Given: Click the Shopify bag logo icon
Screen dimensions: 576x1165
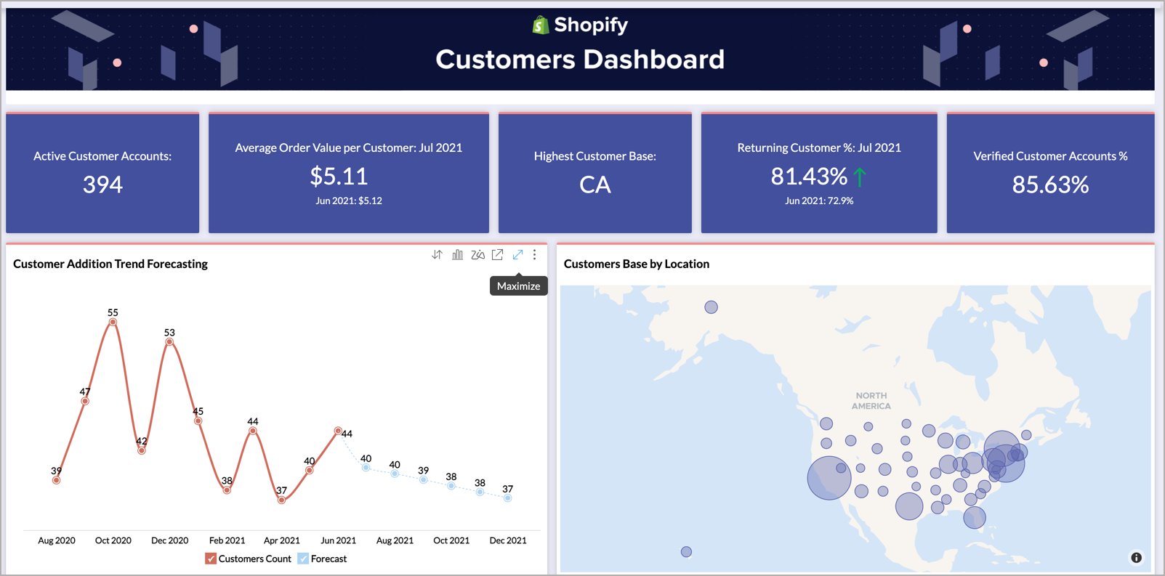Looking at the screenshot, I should [540, 25].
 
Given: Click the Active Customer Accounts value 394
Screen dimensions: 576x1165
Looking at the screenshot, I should [102, 184].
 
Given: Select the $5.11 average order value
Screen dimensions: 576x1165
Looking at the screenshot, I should [339, 176].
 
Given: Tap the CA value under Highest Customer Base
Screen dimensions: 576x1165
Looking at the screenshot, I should [594, 184].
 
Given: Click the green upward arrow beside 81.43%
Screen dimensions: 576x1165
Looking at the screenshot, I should [860, 177].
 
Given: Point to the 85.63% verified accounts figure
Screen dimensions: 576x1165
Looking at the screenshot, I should [1050, 184].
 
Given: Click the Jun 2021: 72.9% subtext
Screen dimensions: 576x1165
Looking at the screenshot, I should [819, 201].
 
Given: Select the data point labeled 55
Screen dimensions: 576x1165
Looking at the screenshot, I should [113, 322].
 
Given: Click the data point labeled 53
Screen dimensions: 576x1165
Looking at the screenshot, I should [169, 341].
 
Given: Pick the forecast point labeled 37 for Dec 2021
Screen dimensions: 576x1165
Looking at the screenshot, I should [508, 498].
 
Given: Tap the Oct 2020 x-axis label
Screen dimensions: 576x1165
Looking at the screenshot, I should [113, 540].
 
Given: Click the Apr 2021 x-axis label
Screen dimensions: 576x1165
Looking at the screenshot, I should [281, 540].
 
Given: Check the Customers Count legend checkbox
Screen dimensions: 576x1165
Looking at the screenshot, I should [211, 559].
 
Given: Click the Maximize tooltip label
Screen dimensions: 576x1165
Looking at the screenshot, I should [518, 286].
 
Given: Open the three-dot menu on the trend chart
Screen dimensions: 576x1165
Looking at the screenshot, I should [535, 255].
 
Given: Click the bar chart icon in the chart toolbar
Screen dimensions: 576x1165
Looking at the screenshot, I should [457, 255].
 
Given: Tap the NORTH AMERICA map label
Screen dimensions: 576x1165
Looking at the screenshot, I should [871, 401].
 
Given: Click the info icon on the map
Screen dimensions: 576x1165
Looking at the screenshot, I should [1136, 558].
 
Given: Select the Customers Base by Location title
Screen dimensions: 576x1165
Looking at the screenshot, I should [636, 264].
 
